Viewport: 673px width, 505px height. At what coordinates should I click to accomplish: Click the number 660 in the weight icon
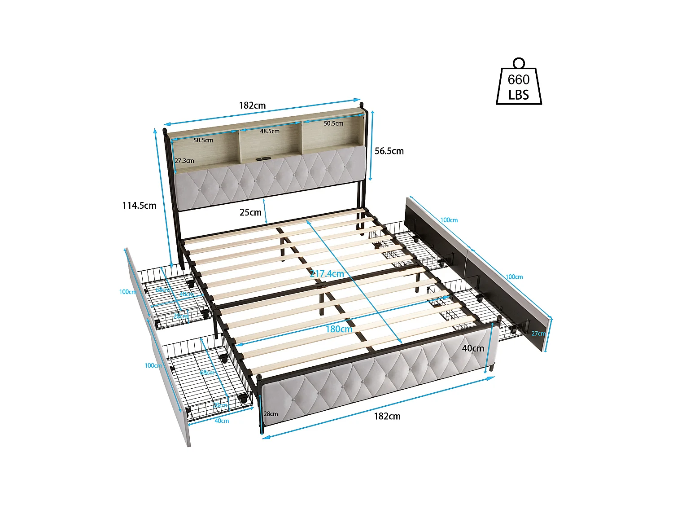(x=519, y=80)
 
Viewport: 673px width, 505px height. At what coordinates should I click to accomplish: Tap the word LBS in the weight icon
(x=519, y=95)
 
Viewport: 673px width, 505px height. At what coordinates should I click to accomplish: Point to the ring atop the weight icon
(x=519, y=62)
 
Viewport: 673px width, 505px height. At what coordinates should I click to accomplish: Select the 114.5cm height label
(x=139, y=206)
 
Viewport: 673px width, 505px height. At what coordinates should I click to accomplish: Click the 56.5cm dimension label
(x=389, y=151)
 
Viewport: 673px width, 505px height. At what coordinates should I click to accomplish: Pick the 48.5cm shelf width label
(x=270, y=132)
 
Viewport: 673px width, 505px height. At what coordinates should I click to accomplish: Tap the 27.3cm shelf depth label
(x=184, y=161)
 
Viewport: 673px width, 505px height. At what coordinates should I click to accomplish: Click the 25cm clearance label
(x=250, y=212)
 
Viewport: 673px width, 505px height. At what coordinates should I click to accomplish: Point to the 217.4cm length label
(x=327, y=273)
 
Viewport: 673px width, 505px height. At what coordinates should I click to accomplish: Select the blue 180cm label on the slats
(x=339, y=329)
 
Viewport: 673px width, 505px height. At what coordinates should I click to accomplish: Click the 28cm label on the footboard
(x=271, y=414)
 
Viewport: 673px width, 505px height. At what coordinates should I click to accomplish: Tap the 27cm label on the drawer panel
(x=538, y=334)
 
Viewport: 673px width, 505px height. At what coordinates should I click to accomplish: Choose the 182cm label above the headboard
(x=252, y=105)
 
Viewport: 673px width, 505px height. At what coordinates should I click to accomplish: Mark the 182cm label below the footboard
(x=387, y=416)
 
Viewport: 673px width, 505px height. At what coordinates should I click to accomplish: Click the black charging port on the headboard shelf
(x=263, y=158)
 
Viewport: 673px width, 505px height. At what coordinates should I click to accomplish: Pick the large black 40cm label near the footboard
(x=473, y=348)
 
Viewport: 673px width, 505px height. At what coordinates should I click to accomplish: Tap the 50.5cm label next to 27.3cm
(x=203, y=140)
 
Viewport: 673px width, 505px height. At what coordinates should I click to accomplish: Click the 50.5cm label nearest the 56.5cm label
(x=333, y=123)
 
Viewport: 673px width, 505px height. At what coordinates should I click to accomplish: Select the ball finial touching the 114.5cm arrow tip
(x=164, y=131)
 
